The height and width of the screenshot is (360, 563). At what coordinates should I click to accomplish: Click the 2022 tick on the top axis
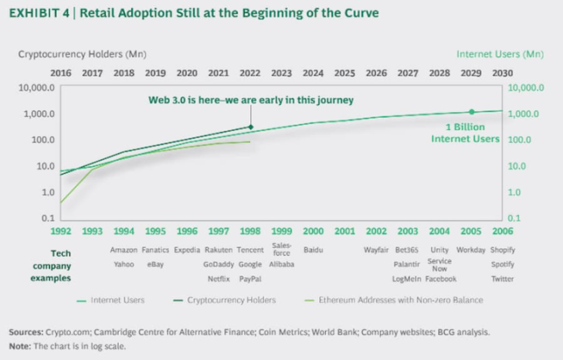pyautogui.click(x=249, y=73)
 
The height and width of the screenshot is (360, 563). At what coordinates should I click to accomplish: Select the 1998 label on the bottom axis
pyautogui.click(x=249, y=231)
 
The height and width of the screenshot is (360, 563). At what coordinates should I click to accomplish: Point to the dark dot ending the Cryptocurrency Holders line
pyautogui.click(x=249, y=127)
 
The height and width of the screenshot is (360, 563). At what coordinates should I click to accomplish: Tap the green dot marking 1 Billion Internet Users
pyautogui.click(x=472, y=112)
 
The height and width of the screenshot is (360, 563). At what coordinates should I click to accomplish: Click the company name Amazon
pyautogui.click(x=124, y=250)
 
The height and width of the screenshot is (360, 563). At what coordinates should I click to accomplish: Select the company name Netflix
pyautogui.click(x=219, y=278)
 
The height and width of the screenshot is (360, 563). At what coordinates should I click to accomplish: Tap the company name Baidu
pyautogui.click(x=313, y=250)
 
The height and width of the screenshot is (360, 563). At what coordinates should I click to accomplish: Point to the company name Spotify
pyautogui.click(x=502, y=264)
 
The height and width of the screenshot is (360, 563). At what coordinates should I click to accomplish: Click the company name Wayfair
pyautogui.click(x=375, y=250)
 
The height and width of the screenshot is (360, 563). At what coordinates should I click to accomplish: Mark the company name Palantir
pyautogui.click(x=407, y=264)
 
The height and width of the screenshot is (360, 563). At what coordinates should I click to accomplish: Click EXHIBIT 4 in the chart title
pyautogui.click(x=36, y=14)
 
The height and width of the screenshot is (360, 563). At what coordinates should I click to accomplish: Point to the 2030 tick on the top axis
pyautogui.click(x=502, y=73)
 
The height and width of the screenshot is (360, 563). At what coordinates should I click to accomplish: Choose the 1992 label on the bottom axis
pyautogui.click(x=61, y=231)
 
